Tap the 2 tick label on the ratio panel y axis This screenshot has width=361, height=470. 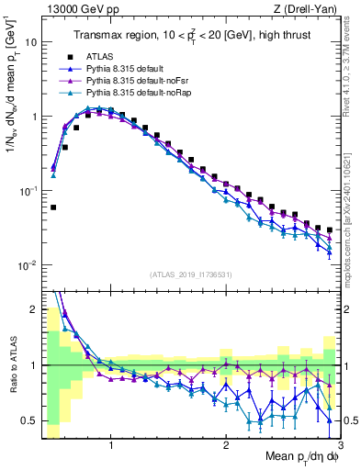click(x=32, y=309)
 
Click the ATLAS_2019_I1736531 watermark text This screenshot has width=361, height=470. click(x=190, y=274)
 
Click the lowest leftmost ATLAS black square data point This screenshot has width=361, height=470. click(x=53, y=207)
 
